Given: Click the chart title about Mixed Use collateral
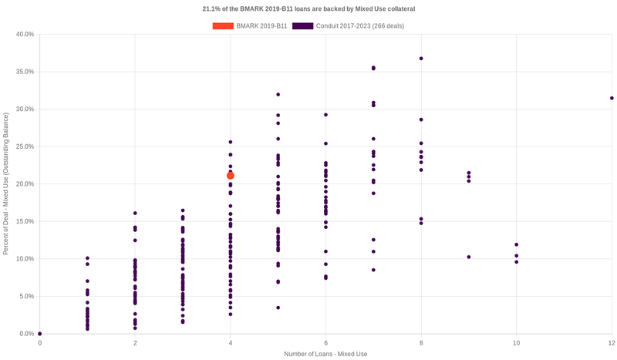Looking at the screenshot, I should click(x=308, y=9).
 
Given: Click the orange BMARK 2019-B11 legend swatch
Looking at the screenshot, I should click(x=223, y=25).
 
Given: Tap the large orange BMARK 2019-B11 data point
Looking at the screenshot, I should click(x=231, y=176).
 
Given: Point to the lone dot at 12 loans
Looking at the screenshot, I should click(x=612, y=98).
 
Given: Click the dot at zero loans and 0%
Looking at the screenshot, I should click(x=40, y=334).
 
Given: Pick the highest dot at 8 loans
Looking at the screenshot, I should click(x=421, y=59).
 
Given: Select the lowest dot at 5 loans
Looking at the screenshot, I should click(x=278, y=308).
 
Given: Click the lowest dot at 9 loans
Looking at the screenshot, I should click(x=469, y=257).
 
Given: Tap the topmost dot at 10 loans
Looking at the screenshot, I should click(x=517, y=244).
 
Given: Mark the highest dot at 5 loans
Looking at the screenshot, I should click(x=278, y=94).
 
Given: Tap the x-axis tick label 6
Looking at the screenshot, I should click(x=325, y=342).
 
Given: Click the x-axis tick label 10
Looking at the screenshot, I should click(x=517, y=342).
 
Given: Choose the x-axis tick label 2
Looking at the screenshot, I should click(x=135, y=342).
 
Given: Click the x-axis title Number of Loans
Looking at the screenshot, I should click(x=325, y=354).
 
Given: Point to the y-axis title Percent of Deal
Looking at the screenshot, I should click(x=6, y=183).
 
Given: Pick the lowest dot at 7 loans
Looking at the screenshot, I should click(x=373, y=270).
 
